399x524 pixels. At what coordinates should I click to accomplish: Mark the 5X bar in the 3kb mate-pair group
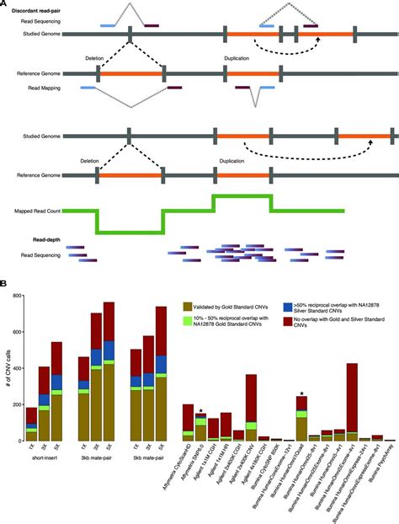coord(109,371)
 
